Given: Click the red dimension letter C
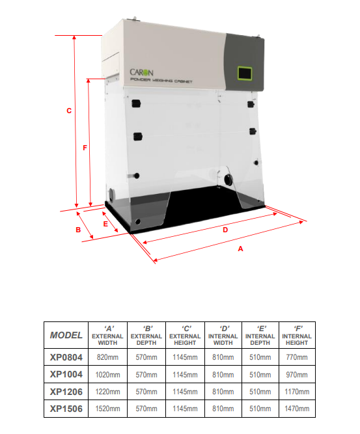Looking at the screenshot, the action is [69, 111].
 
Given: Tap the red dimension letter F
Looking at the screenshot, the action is [85, 148].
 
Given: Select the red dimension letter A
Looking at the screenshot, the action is [240, 249].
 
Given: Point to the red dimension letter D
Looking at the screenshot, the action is [225, 230].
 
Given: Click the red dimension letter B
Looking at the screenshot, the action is [78, 230].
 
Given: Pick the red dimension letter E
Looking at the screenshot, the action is [105, 224].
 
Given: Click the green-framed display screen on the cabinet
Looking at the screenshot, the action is [245, 74].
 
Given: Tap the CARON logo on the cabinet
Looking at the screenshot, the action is [141, 72].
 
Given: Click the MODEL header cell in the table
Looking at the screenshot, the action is [66, 335].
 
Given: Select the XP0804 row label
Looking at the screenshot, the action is [66, 357].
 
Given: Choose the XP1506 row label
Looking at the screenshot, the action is [66, 409].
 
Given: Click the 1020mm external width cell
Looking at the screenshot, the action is [107, 375].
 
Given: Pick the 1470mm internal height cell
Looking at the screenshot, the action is [297, 409].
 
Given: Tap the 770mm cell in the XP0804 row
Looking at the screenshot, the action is [297, 357].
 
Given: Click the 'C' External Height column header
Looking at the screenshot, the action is [185, 336].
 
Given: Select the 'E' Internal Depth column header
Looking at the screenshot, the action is [260, 336].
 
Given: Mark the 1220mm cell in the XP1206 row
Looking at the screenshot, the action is [107, 392].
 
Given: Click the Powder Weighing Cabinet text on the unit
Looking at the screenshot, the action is [161, 81].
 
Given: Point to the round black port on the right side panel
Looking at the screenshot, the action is [228, 180].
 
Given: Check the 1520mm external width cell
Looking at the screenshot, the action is [107, 409].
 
